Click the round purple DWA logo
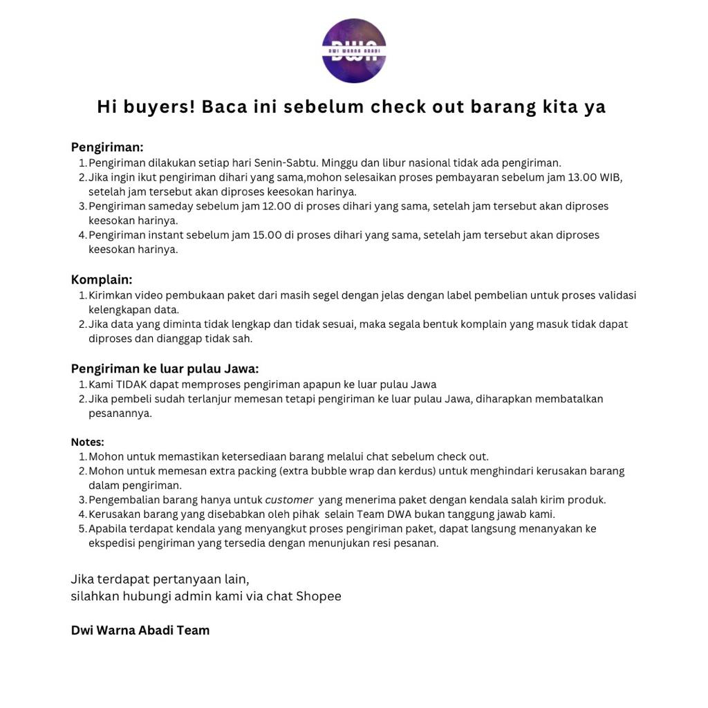354,50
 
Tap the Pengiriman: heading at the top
107,147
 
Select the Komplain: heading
102,280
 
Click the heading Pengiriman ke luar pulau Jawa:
165,369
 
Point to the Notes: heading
87,442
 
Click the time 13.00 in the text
582,178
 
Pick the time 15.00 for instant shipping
268,235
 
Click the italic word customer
289,500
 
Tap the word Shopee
319,596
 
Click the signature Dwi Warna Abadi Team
140,631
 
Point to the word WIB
611,178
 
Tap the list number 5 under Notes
82,529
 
